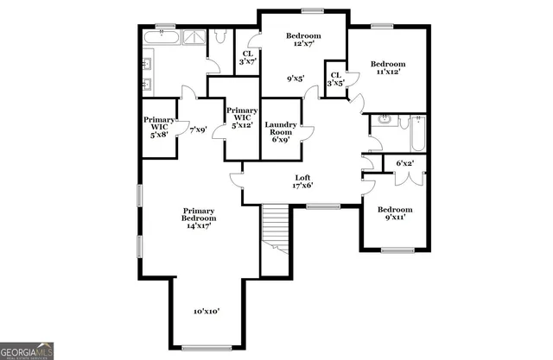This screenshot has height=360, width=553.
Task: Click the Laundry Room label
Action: (281, 132)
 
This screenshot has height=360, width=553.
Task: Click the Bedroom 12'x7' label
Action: (302, 41)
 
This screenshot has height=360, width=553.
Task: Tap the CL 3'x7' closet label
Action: (248, 56)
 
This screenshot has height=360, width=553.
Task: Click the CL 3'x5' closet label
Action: (335, 79)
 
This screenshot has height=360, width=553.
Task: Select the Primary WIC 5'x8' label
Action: (159, 128)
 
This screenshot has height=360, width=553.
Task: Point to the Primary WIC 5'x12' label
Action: (242, 117)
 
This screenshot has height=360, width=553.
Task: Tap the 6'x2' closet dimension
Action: (404, 163)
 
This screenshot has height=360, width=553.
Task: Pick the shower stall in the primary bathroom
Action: (194, 37)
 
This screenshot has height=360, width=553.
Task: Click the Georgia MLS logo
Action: (28, 351)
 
